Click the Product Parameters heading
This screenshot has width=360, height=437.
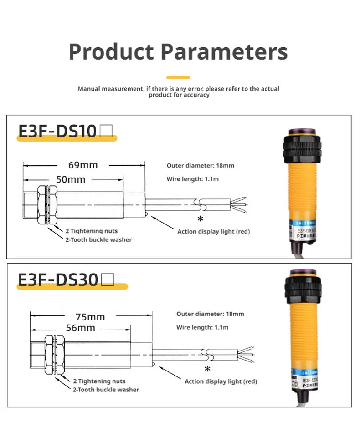178,52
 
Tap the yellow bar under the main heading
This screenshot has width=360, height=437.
178,77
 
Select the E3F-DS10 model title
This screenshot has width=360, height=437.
57,131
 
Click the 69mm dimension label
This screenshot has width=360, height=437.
83,165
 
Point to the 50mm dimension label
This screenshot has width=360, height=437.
71,179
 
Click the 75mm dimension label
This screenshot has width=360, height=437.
90,317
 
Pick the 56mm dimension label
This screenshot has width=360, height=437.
80,328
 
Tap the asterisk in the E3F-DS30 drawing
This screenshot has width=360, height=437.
207,369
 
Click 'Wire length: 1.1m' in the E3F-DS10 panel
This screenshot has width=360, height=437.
192,179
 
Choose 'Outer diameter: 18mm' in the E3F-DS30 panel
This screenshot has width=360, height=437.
210,314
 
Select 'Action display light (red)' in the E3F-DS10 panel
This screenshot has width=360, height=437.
214,231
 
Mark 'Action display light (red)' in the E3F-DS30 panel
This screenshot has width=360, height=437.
221,381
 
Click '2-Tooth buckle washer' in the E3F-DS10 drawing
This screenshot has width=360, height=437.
98,239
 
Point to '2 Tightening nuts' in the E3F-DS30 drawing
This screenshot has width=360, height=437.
99,381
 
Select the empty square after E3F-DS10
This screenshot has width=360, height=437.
106,131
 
